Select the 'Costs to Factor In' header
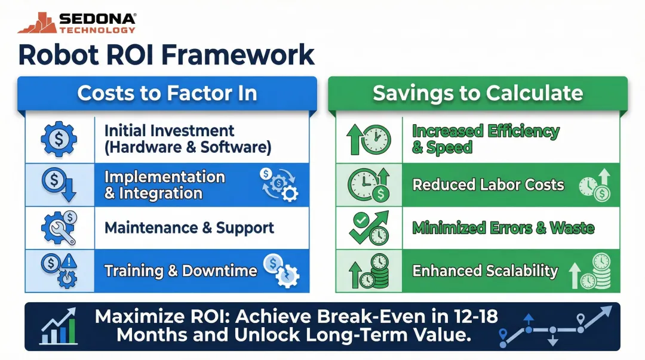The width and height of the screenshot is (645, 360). (167, 93)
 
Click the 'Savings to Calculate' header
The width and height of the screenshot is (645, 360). (478, 93)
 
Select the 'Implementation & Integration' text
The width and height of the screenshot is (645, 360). (164, 185)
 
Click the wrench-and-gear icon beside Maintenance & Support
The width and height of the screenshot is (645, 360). (59, 228)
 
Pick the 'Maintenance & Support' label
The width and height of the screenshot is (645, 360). (189, 228)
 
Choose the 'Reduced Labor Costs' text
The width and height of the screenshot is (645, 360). (488, 184)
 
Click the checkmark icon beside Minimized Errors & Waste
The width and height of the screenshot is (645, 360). (361, 221)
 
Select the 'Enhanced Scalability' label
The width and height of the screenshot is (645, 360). (485, 271)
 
